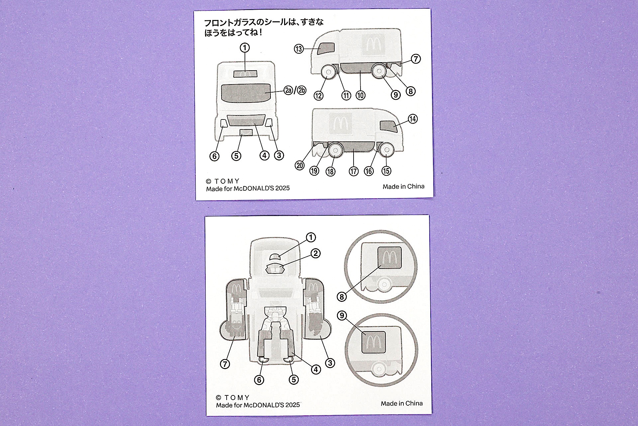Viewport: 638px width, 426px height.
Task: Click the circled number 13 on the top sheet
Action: pos(299,49)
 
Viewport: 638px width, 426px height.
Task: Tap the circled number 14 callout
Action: pos(413,119)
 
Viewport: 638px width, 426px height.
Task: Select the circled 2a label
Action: pos(288,90)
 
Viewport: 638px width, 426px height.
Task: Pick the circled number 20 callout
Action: pos(300,165)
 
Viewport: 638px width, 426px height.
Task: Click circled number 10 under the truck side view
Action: pos(361,96)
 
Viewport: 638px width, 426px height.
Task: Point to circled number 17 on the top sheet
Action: pos(354,171)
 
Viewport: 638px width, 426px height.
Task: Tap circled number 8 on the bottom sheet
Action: pos(342,296)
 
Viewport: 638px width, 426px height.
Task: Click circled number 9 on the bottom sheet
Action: pos(342,315)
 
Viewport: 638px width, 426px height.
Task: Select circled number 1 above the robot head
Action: pos(310,237)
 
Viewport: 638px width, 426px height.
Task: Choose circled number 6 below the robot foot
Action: pos(259,380)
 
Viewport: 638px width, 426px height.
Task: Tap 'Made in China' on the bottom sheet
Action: pos(401,403)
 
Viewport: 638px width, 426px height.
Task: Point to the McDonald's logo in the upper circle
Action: pos(389,258)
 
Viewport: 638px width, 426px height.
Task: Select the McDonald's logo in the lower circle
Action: pos(373,342)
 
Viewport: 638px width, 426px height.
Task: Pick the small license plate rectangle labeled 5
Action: pos(246,132)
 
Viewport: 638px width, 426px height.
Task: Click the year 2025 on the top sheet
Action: pos(282,188)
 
